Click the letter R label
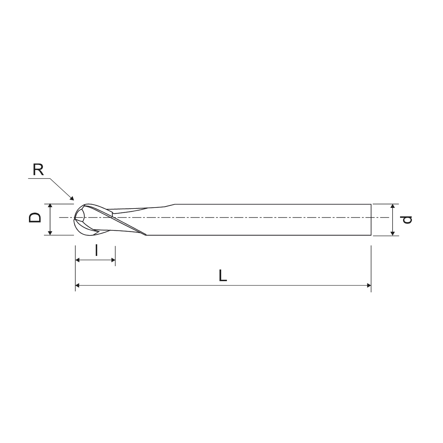(x=38, y=169)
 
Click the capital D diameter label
(x=35, y=217)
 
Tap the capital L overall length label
(x=223, y=275)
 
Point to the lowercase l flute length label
(x=96, y=250)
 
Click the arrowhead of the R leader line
(x=72, y=198)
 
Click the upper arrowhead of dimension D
(x=50, y=205)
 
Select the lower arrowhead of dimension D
(x=50, y=233)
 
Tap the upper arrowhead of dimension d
(x=393, y=206)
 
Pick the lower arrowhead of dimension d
(x=393, y=233)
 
